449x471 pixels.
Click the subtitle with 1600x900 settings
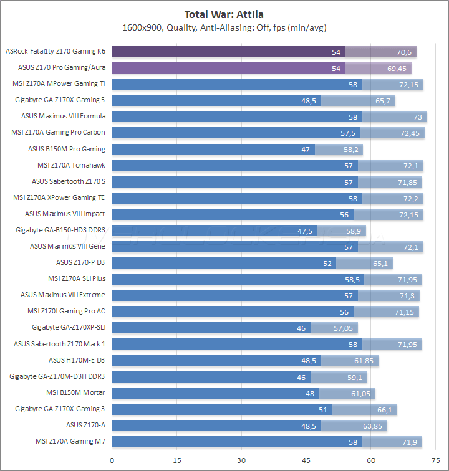(224, 27)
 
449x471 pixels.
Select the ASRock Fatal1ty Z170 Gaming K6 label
(55, 51)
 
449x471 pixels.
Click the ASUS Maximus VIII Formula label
(63, 116)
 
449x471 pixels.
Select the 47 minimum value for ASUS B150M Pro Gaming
(306, 149)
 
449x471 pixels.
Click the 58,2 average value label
(350, 149)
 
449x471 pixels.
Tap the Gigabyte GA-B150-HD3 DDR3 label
(60, 230)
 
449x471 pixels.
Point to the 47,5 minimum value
(306, 230)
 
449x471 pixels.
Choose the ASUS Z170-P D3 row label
(80, 262)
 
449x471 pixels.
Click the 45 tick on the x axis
(306, 460)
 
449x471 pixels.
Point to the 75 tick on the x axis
(435, 460)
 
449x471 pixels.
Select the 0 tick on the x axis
(112, 460)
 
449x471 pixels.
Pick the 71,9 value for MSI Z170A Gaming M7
(410, 441)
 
